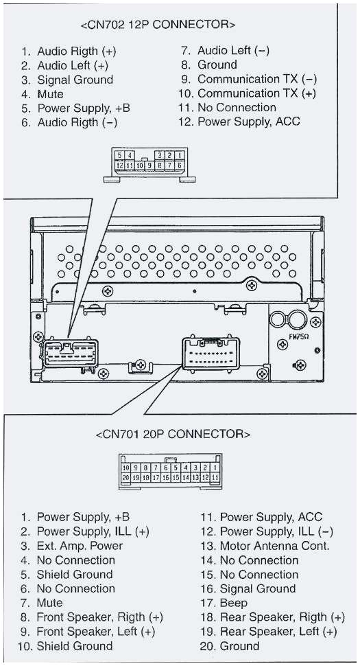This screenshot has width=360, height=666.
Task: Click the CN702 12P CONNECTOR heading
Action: tap(158, 25)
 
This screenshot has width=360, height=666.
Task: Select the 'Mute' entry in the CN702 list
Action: tap(50, 94)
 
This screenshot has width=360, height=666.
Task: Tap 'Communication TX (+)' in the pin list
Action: tap(256, 93)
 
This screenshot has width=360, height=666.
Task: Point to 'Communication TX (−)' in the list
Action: tap(256, 79)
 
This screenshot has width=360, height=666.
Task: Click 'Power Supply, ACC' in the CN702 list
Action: tap(248, 122)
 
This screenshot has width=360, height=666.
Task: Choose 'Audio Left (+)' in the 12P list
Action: tap(73, 65)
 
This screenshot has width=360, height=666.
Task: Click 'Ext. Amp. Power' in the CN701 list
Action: tap(80, 546)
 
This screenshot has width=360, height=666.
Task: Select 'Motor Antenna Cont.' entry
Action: tap(274, 546)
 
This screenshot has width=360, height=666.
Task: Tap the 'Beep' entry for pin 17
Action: tap(233, 603)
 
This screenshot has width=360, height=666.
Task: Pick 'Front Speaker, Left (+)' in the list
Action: tap(95, 632)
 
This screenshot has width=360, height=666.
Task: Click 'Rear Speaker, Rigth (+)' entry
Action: tap(282, 617)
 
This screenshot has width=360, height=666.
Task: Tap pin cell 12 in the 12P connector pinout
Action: tap(120, 165)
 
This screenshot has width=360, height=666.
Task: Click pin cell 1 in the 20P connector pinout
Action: tap(215, 467)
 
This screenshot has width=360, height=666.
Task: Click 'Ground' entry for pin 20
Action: tap(239, 646)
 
